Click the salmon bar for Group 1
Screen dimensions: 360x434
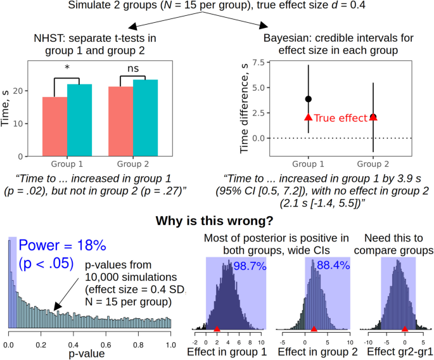tap(55, 127)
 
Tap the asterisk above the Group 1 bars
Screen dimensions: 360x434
tap(66, 68)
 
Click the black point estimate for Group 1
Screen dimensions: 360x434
tap(308, 99)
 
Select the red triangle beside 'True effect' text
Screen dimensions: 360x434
tap(308, 117)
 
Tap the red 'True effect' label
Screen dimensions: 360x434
tap(340, 118)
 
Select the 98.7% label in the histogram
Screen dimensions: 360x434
tap(250, 266)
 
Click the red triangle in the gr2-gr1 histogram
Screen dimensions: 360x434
tap(404, 329)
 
